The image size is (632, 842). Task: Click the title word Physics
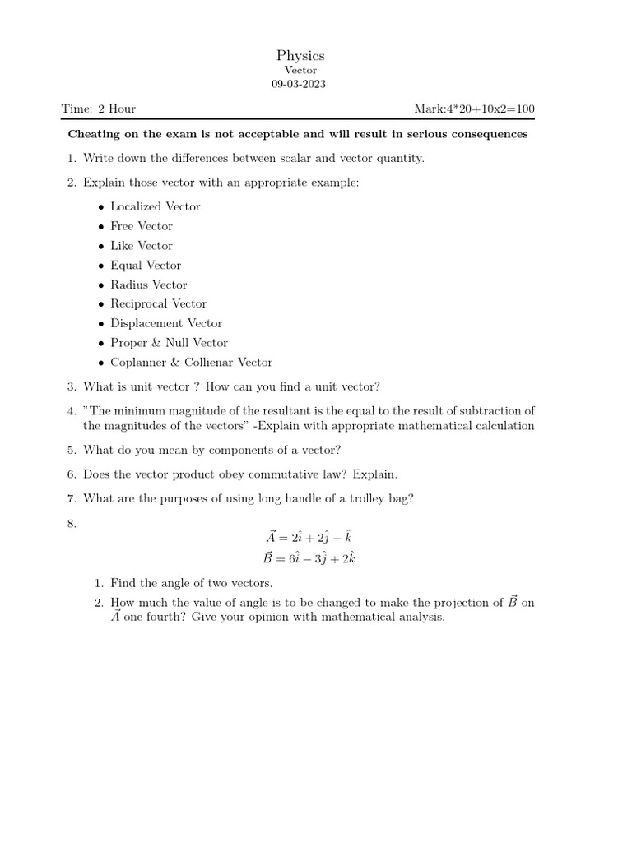(x=300, y=56)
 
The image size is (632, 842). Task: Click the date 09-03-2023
(x=300, y=86)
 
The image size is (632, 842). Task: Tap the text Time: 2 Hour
(x=99, y=109)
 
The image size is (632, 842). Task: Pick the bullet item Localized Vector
(x=155, y=206)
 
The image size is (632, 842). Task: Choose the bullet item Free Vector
(x=142, y=226)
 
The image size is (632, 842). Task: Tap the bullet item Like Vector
(x=142, y=246)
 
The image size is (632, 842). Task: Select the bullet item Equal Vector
(x=146, y=266)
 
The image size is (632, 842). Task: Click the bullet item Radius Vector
(x=148, y=285)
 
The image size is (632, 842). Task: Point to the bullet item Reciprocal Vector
(x=158, y=303)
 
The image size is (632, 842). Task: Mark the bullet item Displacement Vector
(x=165, y=323)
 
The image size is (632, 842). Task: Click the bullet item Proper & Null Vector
(x=169, y=343)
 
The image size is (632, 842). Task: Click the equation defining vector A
(x=309, y=537)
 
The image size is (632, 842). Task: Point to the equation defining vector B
(x=309, y=558)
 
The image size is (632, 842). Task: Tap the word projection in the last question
(x=461, y=603)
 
